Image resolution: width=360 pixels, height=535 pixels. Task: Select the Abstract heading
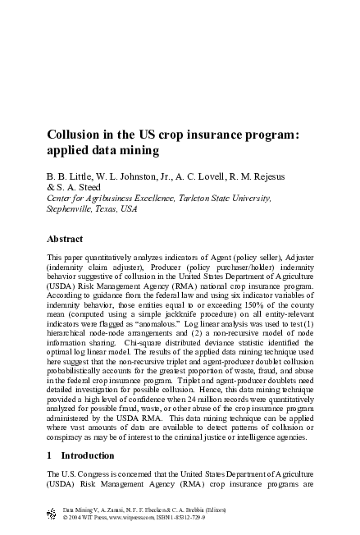coord(68,239)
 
